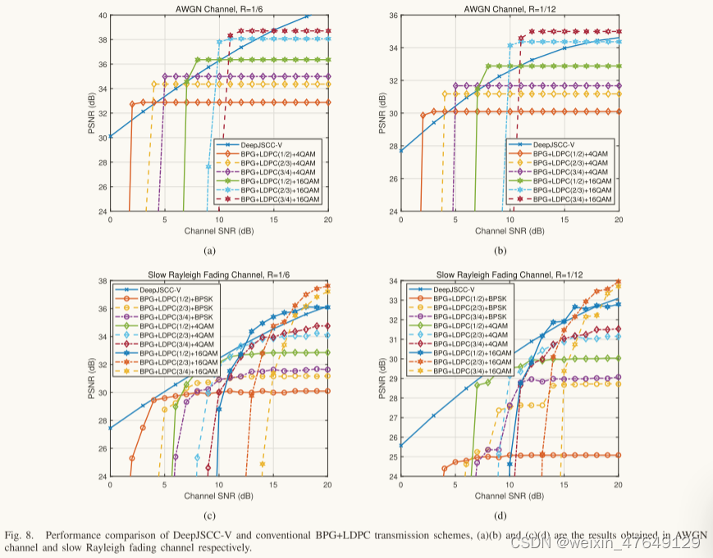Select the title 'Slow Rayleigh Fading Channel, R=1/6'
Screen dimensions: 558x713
tap(218, 274)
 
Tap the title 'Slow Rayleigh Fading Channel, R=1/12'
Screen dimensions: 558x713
tap(510, 274)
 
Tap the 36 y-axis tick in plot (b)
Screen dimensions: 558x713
tap(391, 16)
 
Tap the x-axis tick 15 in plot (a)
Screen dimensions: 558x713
tap(273, 220)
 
